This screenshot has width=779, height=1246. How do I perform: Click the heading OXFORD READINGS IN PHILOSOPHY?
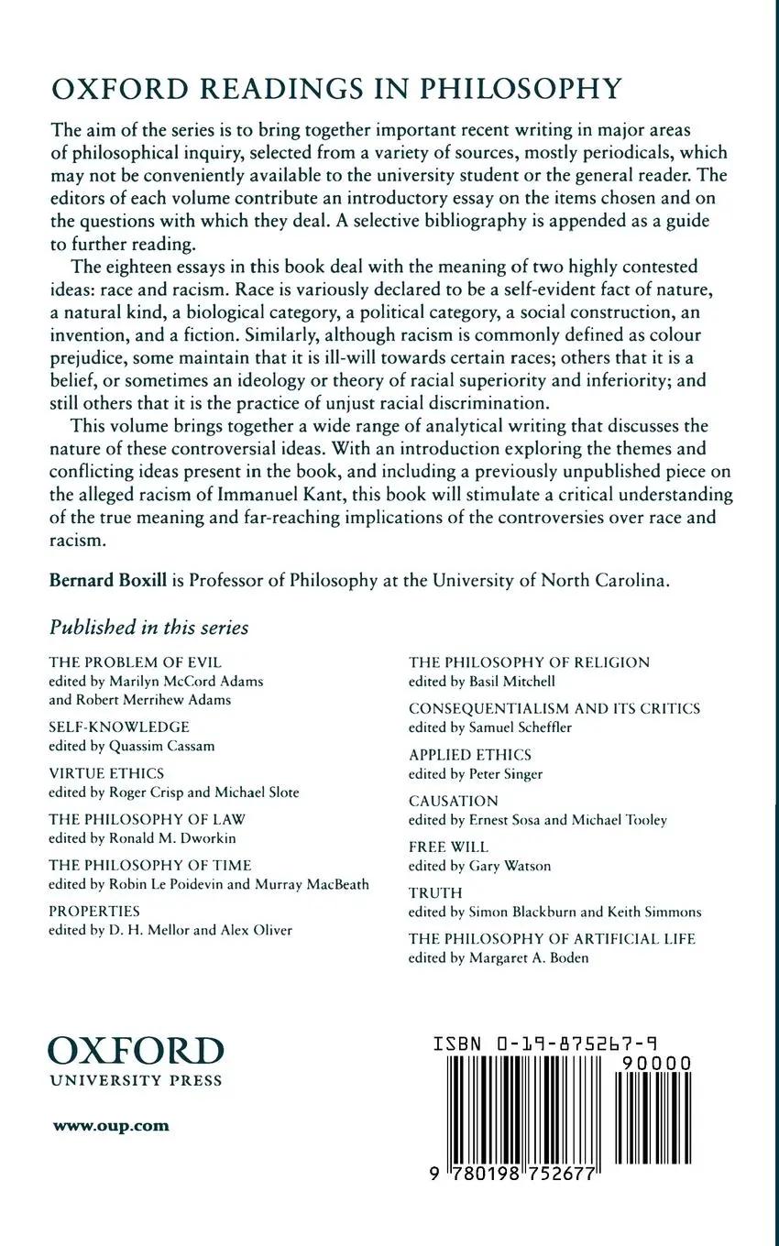[335, 89]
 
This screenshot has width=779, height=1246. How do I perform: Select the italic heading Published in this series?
[148, 628]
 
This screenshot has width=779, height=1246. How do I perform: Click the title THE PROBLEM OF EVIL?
[136, 661]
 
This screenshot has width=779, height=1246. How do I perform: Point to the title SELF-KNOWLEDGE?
[119, 727]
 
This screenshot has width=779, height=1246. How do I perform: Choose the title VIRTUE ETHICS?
[106, 773]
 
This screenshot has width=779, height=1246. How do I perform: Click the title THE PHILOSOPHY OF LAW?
[148, 819]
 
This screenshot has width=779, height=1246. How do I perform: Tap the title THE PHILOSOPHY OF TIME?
[150, 865]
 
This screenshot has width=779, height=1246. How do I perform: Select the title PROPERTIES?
[94, 911]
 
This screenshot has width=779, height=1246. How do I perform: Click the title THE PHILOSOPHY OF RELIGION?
[529, 661]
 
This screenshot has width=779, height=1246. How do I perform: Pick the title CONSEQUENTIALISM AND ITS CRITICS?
[554, 708]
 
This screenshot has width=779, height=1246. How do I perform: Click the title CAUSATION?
[454, 801]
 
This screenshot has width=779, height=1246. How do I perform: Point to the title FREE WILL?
[449, 847]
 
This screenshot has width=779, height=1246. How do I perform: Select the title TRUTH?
[435, 892]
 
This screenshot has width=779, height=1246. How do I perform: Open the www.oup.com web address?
[111, 1126]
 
